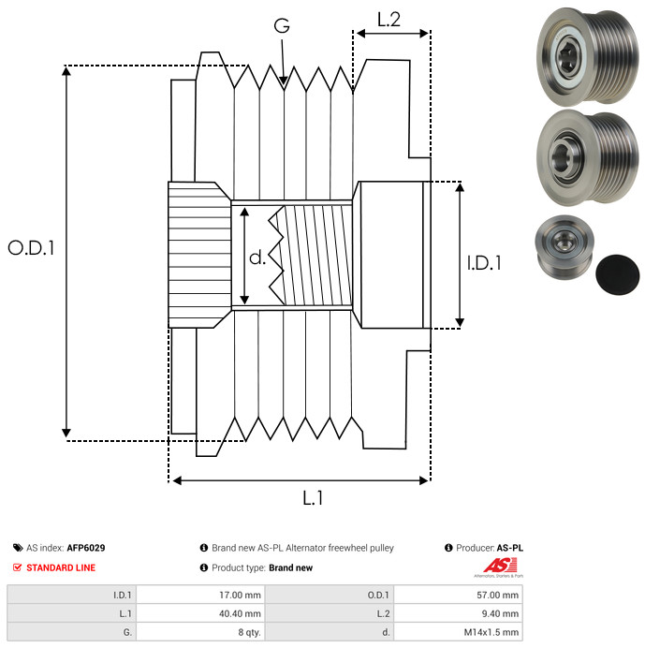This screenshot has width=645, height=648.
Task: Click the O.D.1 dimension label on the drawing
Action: point(31,248)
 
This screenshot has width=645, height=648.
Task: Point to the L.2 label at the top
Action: point(388,18)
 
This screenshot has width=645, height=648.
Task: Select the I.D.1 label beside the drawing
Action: point(484,264)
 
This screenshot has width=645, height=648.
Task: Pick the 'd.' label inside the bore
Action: point(257,257)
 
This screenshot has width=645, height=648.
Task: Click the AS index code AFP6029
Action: point(93,548)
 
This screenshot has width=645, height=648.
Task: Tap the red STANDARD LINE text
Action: point(61,567)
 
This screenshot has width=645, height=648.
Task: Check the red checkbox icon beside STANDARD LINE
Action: point(18,567)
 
